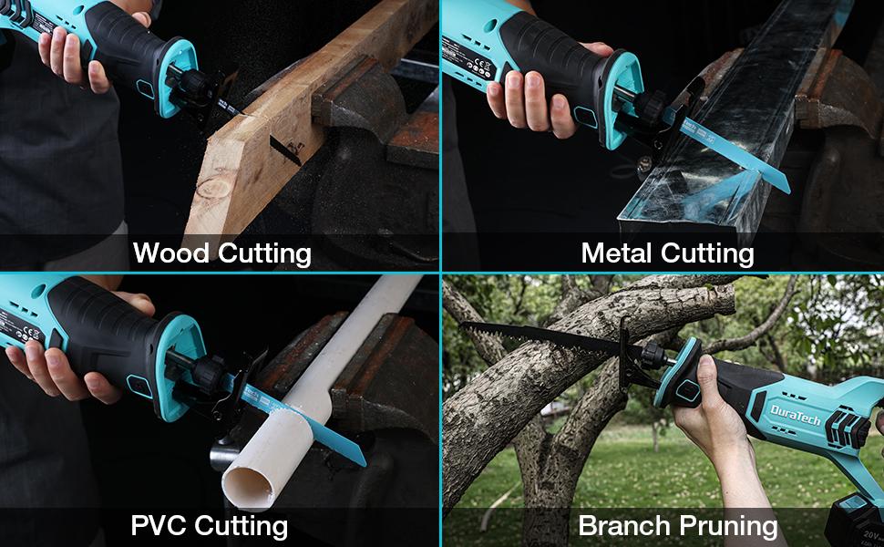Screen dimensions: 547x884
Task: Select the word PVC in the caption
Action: point(158,525)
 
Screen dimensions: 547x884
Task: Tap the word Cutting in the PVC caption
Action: point(241,525)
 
